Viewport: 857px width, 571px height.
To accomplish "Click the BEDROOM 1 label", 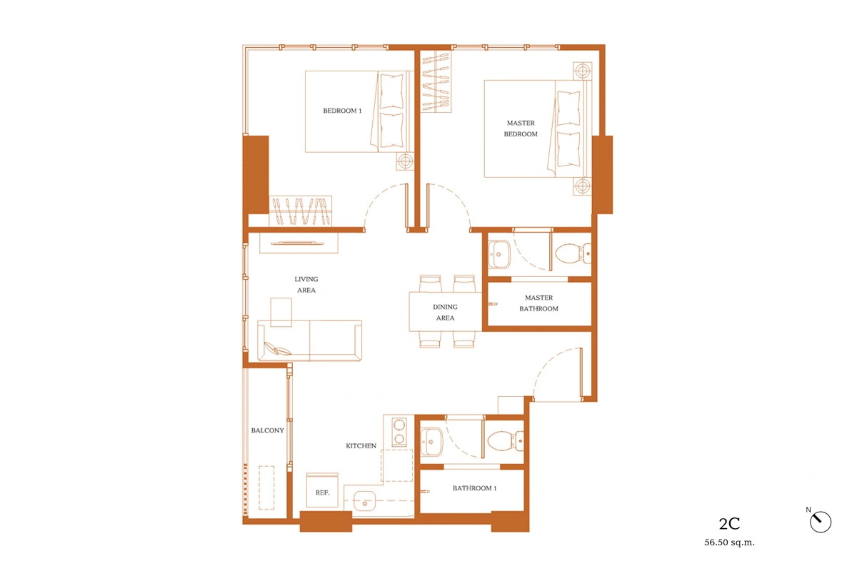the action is tap(342, 111).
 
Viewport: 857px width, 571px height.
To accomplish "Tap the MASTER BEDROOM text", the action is tap(521, 128).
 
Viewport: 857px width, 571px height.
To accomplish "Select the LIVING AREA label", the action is tap(306, 285).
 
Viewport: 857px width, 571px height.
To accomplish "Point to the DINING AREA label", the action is tap(445, 312).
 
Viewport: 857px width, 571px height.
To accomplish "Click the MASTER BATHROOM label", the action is tap(538, 303).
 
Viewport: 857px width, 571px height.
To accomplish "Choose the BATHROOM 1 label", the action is tap(474, 488).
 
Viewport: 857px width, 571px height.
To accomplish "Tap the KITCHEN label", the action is tap(361, 445).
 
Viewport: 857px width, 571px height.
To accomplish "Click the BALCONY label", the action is tap(267, 430).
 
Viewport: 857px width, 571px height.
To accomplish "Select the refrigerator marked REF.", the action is tap(322, 490).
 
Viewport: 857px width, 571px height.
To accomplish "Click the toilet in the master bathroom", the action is tap(573, 253).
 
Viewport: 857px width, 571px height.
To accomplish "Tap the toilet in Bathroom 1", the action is tap(506, 440).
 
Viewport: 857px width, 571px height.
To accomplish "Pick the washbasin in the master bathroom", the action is tap(499, 254).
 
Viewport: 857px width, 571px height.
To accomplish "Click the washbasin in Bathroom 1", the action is tap(431, 442).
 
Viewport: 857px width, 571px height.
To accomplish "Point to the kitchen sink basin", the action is tap(364, 500).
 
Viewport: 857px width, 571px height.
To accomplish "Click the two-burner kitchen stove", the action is tap(399, 431).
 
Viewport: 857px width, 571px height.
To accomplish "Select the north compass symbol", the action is tap(821, 522).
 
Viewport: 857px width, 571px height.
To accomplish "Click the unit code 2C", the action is tap(729, 524).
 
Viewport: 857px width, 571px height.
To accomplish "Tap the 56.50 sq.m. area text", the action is tap(729, 542).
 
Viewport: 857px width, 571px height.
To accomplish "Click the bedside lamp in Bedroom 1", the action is tap(405, 161).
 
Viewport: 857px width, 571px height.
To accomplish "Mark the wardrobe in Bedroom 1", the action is tap(301, 211).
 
